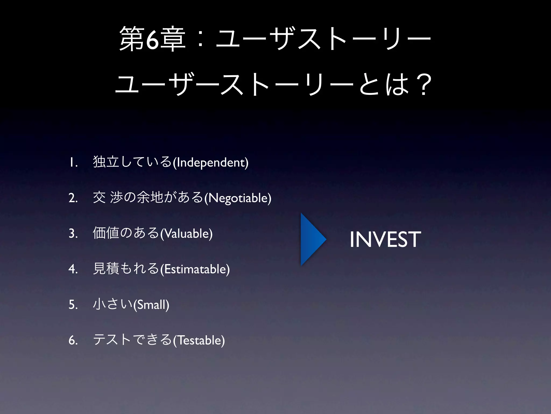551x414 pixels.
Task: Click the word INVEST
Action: coord(385,239)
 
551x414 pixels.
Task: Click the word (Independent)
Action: coord(210,162)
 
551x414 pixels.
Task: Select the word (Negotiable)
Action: coord(238,198)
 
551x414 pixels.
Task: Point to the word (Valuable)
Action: coord(186,233)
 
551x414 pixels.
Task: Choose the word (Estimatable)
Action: coord(195,269)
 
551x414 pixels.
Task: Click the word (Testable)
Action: coord(199,340)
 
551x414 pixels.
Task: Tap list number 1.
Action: coord(73,163)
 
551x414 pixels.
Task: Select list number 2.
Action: coord(73,198)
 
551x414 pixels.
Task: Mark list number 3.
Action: coord(73,234)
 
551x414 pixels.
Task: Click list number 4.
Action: coord(73,269)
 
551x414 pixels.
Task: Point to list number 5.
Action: coord(73,305)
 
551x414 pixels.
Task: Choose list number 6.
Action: coord(73,340)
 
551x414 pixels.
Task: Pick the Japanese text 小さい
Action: coord(113,304)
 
